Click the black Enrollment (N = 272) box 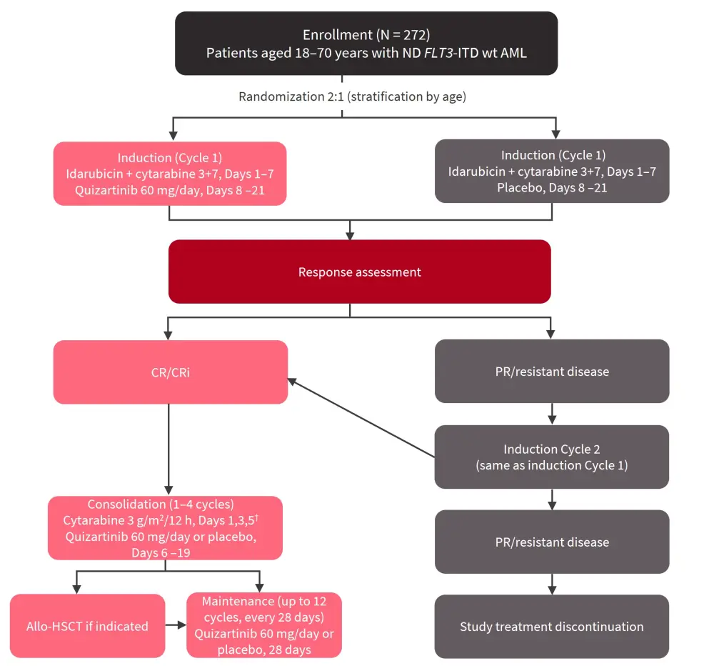[x=366, y=43]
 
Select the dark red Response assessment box [x=359, y=272]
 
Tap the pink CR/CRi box [x=170, y=372]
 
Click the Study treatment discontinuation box [x=551, y=627]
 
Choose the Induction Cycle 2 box [x=551, y=457]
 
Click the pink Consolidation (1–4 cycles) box [x=165, y=528]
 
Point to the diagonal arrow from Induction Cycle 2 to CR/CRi [x=361, y=419]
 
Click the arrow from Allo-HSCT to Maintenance [x=176, y=626]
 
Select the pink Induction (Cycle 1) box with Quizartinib [x=170, y=173]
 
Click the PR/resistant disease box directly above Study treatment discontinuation [x=551, y=542]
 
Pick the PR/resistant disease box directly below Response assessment [x=551, y=372]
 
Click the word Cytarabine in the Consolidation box [x=92, y=520]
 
